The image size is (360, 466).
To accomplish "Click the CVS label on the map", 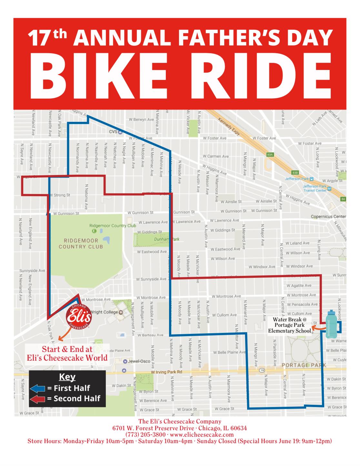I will pos(113,131).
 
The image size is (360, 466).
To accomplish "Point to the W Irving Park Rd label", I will pos(167,372).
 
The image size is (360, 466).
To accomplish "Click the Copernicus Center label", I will pos(328,217).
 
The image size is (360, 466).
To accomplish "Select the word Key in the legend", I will pos(67,377).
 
